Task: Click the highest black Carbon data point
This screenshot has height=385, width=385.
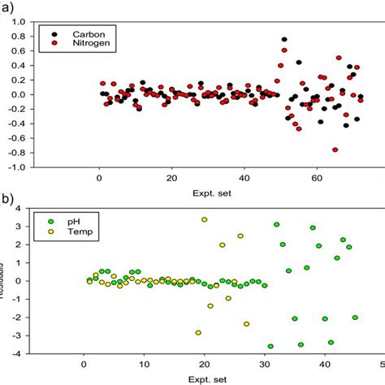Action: [284, 39]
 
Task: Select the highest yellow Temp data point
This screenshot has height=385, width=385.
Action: [204, 219]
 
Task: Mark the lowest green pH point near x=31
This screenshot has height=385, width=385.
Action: [270, 347]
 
